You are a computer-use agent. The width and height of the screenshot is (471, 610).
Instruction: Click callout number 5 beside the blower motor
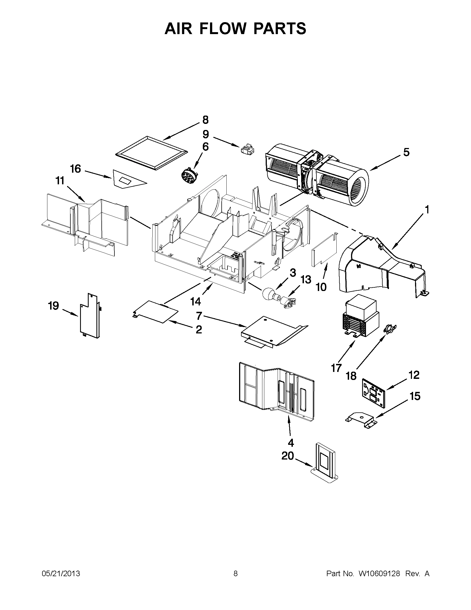tap(406, 152)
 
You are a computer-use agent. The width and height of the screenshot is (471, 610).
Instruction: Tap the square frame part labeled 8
tap(151, 153)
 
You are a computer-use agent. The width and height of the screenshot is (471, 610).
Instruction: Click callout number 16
tap(75, 169)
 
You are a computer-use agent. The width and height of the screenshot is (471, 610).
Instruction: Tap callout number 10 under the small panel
tap(321, 287)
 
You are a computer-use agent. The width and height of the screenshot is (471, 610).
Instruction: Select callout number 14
tap(195, 301)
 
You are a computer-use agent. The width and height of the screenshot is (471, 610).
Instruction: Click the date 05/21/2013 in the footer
tap(61, 574)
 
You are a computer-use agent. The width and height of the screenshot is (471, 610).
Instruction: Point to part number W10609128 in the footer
tap(379, 574)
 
